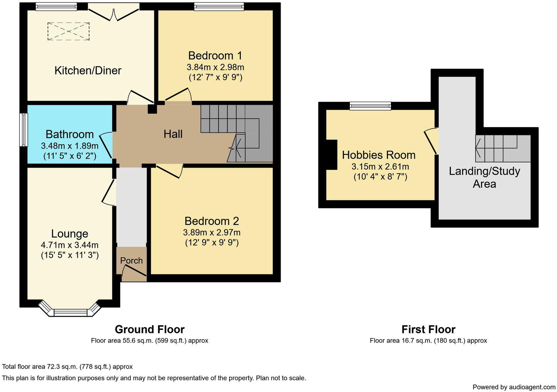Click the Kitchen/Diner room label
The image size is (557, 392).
pyautogui.click(x=88, y=70)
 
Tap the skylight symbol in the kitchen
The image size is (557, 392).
pyautogui.click(x=69, y=31)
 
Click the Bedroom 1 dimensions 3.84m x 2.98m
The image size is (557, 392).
pyautogui.click(x=215, y=67)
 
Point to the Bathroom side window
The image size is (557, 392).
pyautogui.click(x=23, y=130)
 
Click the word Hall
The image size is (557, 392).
pyautogui.click(x=173, y=134)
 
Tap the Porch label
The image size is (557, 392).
pyautogui.click(x=131, y=260)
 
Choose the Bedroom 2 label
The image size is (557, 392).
pyautogui.click(x=212, y=221)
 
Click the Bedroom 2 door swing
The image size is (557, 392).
pyautogui.click(x=170, y=171)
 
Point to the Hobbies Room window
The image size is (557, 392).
pyautogui.click(x=370, y=105)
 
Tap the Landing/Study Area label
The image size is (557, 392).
pyautogui.click(x=484, y=178)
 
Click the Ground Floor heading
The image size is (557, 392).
pyautogui.click(x=150, y=329)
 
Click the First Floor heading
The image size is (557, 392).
pyautogui.click(x=428, y=329)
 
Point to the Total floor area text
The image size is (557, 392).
pyautogui.click(x=67, y=366)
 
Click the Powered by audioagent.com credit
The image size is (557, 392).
pyautogui.click(x=514, y=387)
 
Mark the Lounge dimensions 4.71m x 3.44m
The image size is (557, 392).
pyautogui.click(x=70, y=245)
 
